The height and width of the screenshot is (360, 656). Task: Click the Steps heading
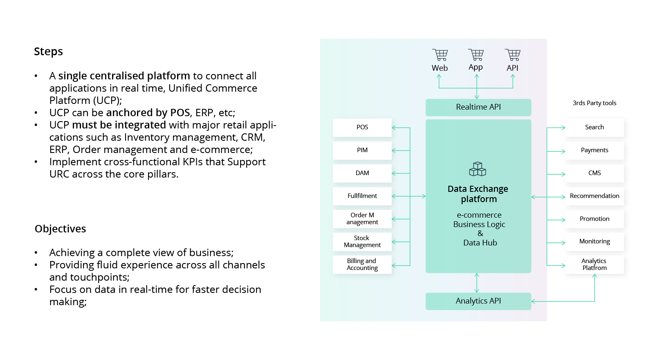tap(48, 52)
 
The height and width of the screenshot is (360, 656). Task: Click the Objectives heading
tap(60, 229)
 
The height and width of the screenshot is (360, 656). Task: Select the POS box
tap(362, 127)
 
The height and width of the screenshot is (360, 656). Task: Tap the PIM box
tap(362, 150)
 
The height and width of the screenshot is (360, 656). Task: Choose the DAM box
tap(362, 173)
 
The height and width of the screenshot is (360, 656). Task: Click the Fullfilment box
tap(362, 196)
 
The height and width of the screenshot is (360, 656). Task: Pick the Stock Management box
tap(362, 241)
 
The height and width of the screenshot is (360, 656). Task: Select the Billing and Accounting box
tap(362, 264)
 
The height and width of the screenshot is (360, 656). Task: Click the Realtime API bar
tap(478, 107)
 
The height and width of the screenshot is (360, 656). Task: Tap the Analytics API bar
tap(478, 301)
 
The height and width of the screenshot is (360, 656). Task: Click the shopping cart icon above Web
tap(440, 55)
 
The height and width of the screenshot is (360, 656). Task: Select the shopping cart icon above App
tap(476, 54)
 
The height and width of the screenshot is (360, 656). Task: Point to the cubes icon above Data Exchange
tap(477, 169)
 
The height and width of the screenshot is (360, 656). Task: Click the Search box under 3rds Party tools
tap(594, 127)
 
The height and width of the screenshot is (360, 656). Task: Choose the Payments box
tap(594, 150)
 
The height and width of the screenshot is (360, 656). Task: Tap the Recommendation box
tap(594, 196)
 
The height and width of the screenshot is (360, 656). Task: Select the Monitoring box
tap(594, 241)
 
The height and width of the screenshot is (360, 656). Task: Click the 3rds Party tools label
tap(594, 103)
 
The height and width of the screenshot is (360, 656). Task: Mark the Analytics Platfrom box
tap(594, 264)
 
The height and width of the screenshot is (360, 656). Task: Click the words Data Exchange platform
tap(478, 194)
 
